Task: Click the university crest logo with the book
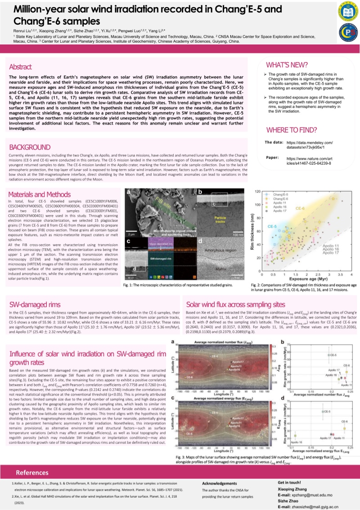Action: tap(346, 12)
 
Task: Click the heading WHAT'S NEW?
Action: tap(287, 64)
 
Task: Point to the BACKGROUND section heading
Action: tap(30, 147)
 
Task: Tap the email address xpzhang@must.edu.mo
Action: tap(319, 494)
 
